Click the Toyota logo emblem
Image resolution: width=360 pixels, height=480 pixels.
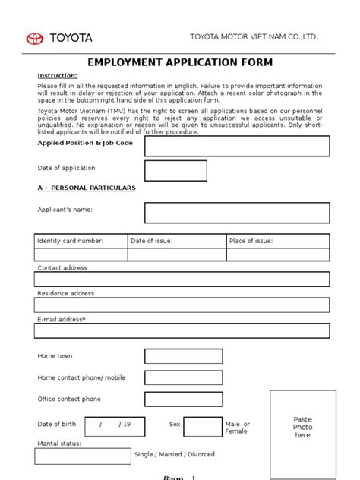click(35, 38)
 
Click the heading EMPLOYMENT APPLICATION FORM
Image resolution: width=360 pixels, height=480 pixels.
click(180, 62)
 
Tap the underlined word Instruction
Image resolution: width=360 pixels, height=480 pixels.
click(58, 76)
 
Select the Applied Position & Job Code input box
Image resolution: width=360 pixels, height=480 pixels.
click(237, 146)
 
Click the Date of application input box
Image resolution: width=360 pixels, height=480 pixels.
click(175, 170)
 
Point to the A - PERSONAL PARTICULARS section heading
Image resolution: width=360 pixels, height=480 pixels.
click(87, 187)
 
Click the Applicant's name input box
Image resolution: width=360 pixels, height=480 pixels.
click(237, 213)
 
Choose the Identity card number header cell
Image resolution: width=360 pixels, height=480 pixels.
click(81, 241)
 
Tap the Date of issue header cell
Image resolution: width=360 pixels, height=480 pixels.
click(176, 241)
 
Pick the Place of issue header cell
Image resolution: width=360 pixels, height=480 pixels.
click(278, 241)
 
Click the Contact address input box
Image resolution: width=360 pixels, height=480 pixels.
click(182, 279)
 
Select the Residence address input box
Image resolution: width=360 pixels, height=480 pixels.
click(182, 305)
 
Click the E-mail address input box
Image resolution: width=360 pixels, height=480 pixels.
click(182, 330)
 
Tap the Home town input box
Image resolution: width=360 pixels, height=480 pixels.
click(184, 356)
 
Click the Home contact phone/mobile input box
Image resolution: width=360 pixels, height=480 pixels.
click(184, 377)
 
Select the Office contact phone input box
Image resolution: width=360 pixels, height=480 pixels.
click(184, 399)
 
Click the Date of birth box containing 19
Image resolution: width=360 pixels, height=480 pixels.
click(115, 426)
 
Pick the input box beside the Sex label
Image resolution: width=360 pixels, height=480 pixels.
click(202, 426)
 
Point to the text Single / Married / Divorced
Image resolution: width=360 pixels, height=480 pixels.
click(175, 455)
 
